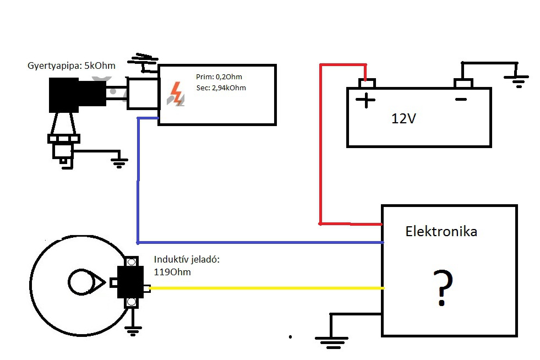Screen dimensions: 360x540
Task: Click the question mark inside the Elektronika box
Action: pyautogui.click(x=441, y=288)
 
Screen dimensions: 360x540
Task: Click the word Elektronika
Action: pyautogui.click(x=441, y=231)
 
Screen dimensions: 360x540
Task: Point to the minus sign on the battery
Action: pyautogui.click(x=461, y=100)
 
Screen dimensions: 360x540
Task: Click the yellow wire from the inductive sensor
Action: pyautogui.click(x=264, y=288)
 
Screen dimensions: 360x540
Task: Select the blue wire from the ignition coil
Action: pyautogui.click(x=138, y=182)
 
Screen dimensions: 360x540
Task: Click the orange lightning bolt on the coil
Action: pyautogui.click(x=177, y=94)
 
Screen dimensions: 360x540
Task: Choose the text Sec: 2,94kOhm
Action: pyautogui.click(x=221, y=88)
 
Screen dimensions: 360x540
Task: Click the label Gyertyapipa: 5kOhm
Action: pyautogui.click(x=72, y=66)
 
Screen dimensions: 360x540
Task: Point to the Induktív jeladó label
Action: pyautogui.click(x=187, y=259)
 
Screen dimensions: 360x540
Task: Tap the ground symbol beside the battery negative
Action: pyautogui.click(x=517, y=80)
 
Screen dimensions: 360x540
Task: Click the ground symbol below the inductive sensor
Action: pyautogui.click(x=132, y=330)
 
